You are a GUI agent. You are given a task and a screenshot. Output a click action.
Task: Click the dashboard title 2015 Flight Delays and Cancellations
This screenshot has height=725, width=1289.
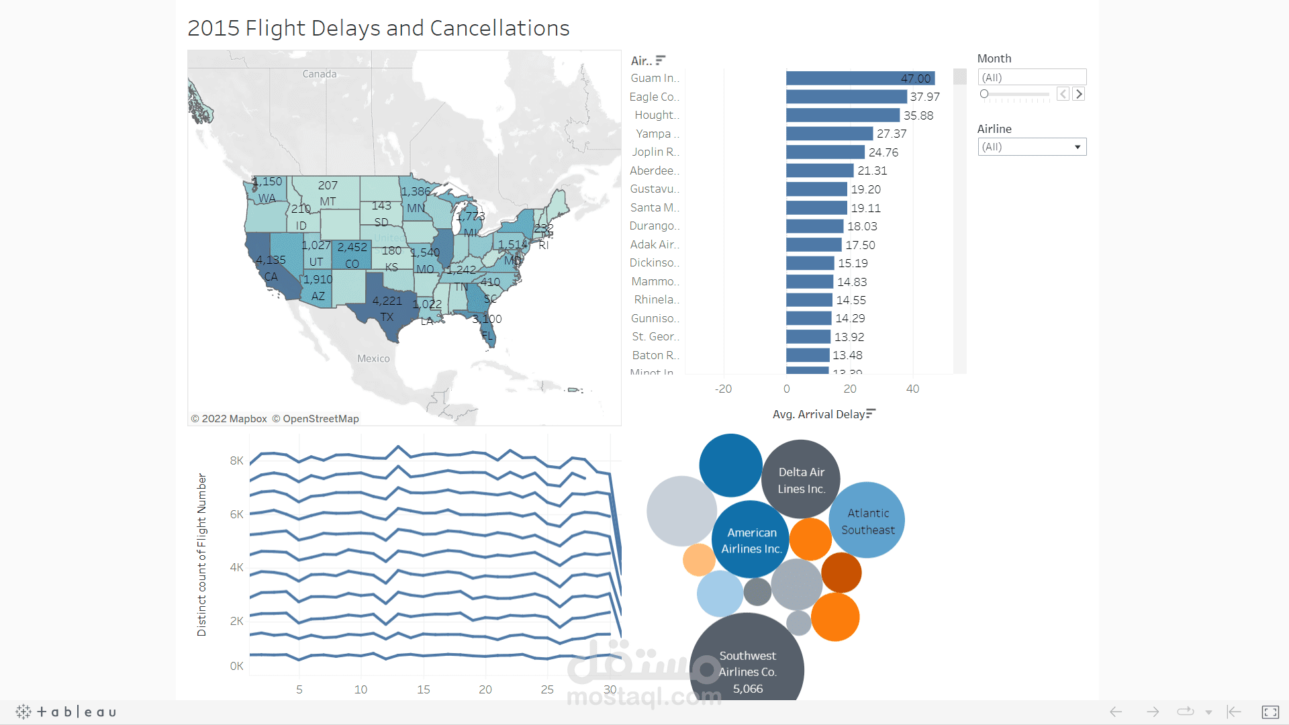378,28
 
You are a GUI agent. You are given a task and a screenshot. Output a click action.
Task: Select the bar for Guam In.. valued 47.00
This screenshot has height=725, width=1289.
859,79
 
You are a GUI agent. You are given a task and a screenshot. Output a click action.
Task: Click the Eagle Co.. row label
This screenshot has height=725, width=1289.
654,97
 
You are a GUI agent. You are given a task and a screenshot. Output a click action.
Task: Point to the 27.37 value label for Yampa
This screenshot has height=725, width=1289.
891,134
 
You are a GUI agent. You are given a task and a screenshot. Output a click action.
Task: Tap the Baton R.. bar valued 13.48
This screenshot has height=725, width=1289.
808,355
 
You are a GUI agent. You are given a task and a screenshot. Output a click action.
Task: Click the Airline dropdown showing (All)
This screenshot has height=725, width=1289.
1031,147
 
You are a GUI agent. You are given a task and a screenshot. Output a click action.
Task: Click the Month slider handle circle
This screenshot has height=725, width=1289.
984,94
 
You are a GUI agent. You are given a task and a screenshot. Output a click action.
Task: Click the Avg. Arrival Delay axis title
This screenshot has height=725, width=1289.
818,414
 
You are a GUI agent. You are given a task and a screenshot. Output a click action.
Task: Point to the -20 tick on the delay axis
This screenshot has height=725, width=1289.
723,389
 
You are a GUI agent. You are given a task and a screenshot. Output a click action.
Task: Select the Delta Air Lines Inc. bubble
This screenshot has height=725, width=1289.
801,479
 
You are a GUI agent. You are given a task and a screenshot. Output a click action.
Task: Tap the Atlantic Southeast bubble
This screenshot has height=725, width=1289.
867,520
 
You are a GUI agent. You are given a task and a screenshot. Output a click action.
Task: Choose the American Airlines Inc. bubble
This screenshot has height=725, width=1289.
751,539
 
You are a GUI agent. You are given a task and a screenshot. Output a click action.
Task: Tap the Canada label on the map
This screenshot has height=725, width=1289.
320,74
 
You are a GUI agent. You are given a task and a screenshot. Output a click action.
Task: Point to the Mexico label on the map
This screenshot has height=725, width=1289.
373,358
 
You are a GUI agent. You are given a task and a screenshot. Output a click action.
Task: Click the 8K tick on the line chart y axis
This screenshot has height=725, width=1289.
236,461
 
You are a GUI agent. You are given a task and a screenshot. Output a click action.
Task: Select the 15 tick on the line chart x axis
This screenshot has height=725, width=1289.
423,689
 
